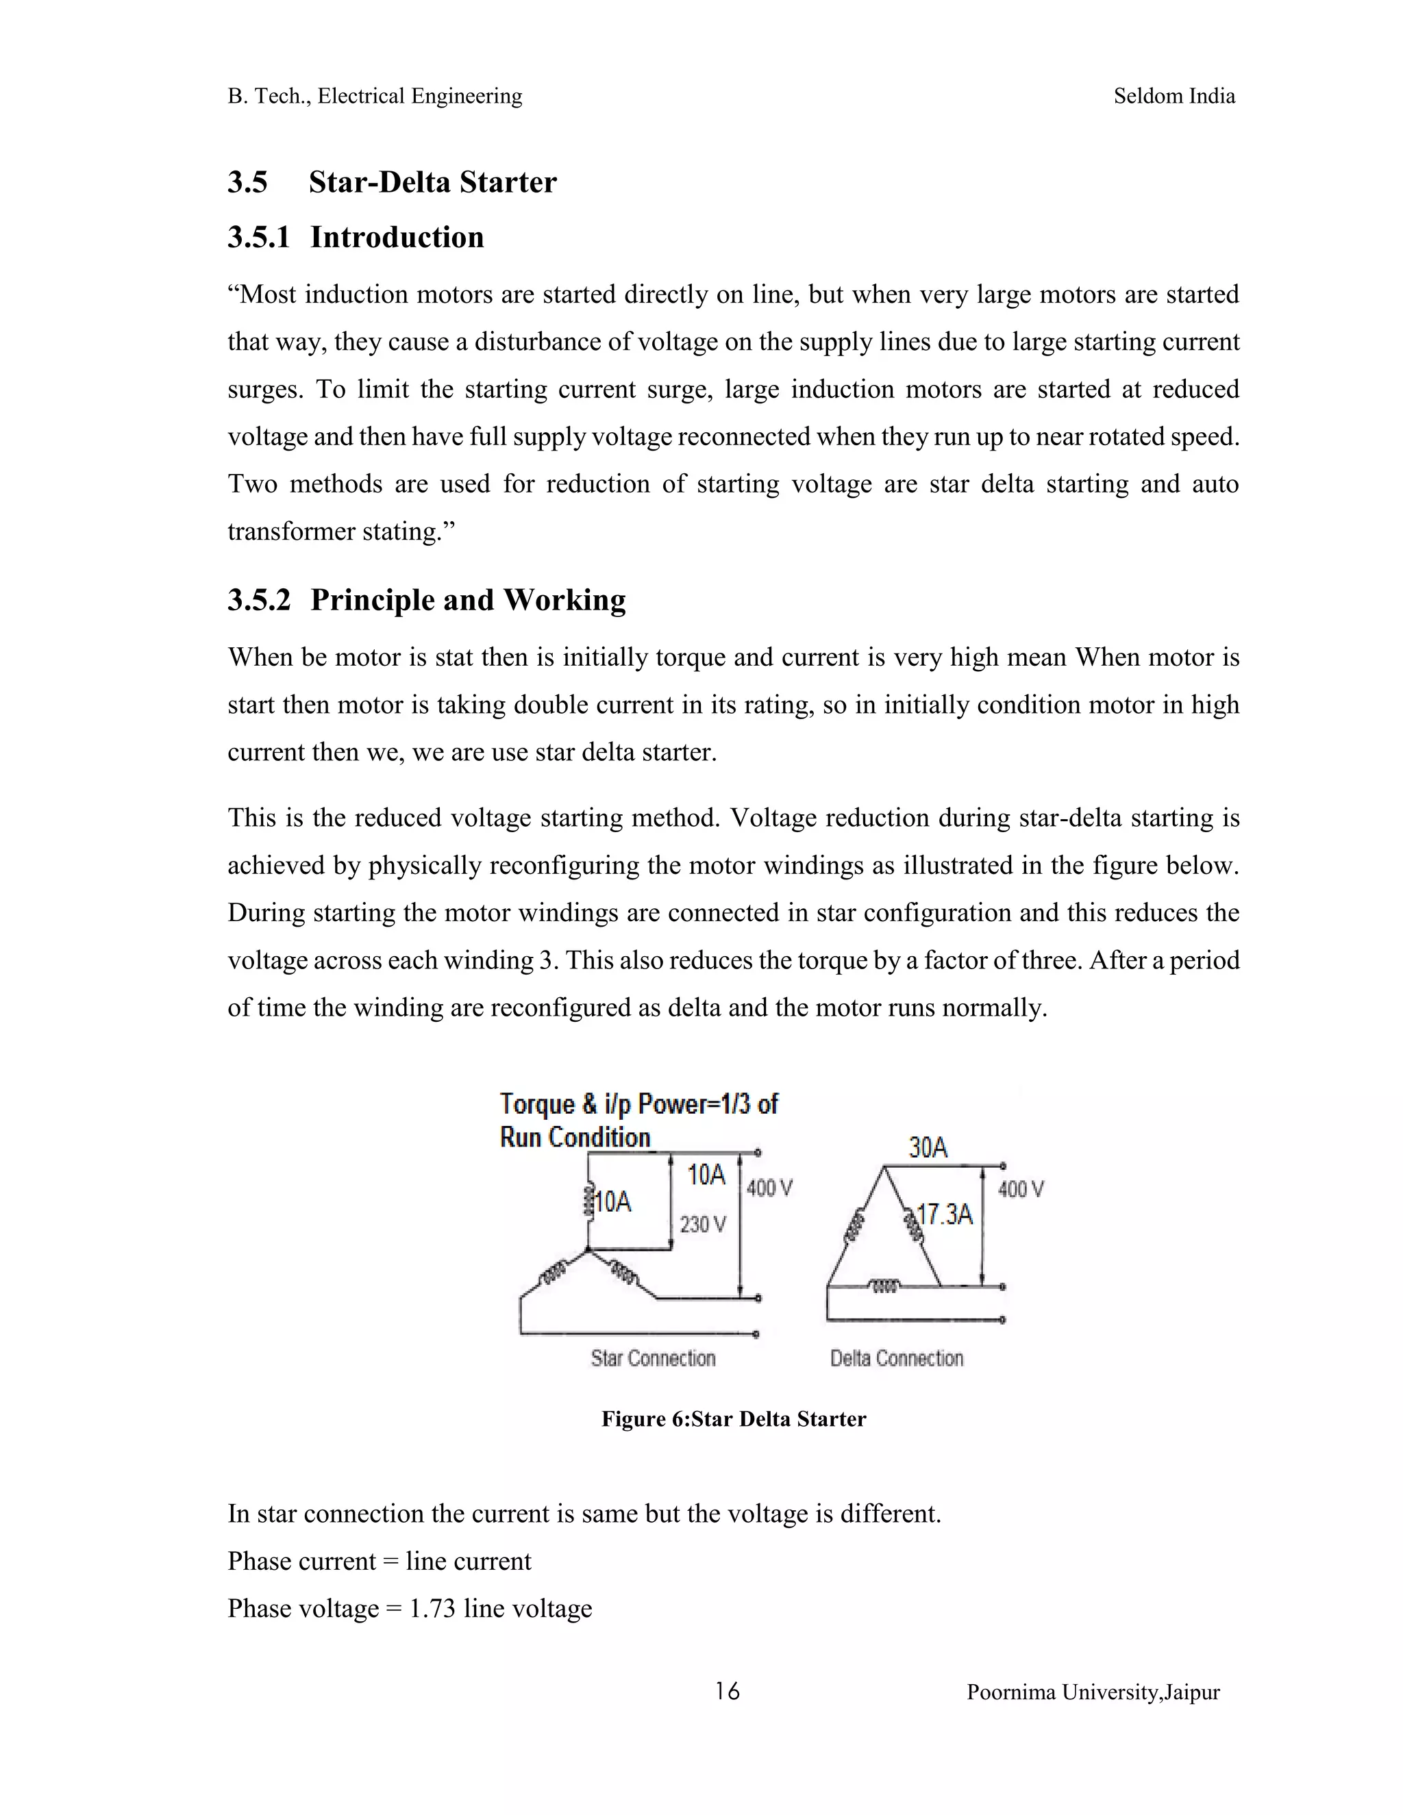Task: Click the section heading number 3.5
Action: coord(248,182)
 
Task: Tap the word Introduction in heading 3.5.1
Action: coord(397,238)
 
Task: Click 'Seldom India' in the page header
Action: coord(1174,97)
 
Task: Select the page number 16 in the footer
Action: coord(726,1691)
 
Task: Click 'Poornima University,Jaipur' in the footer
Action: coord(1092,1693)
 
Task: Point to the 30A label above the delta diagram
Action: coord(928,1148)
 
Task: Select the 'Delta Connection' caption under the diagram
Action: coord(896,1358)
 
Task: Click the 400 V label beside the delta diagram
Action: coord(1021,1189)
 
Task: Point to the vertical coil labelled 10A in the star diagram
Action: coord(588,1200)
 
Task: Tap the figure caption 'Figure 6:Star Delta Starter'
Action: coord(733,1418)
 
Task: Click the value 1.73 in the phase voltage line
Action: coord(432,1608)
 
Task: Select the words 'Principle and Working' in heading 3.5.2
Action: coord(467,600)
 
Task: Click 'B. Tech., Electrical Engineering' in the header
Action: coord(375,97)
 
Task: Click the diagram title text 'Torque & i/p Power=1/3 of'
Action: coord(638,1105)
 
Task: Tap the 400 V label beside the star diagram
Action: coord(769,1188)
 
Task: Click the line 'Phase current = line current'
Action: coord(379,1561)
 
